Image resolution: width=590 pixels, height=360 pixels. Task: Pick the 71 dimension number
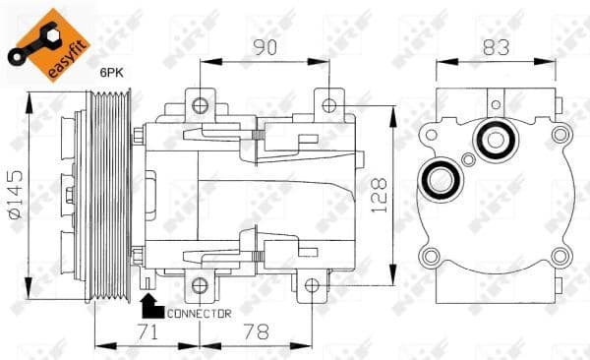point(147,333)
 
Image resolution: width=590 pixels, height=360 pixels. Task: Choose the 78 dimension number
point(256,333)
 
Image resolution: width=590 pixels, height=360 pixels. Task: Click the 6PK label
point(111,72)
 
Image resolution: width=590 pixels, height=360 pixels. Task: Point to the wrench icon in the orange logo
point(33,30)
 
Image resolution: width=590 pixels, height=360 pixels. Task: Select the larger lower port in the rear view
point(439,180)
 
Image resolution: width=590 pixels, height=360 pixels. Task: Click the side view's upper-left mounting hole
point(201,102)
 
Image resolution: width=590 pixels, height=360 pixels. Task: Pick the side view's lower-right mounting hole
point(311,286)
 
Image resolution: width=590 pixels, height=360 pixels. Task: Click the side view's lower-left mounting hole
point(201,286)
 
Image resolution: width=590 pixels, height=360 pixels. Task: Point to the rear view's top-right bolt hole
point(561,135)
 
